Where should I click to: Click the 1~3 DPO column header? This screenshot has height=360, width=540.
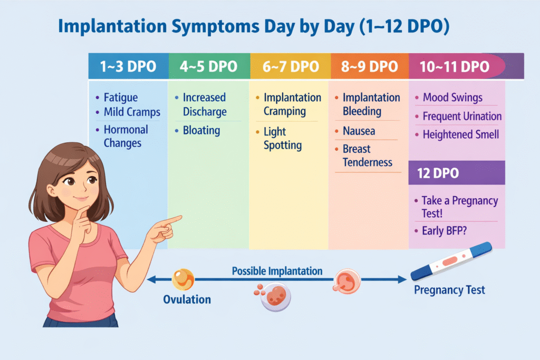pos(128,67)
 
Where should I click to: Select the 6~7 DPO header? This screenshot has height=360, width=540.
pos(290,67)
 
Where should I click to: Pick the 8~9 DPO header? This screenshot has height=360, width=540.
pos(369,67)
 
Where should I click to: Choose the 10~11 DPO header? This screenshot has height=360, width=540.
pos(454,67)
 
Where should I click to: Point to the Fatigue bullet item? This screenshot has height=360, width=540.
pos(120,98)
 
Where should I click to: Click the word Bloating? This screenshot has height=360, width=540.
pos(201,130)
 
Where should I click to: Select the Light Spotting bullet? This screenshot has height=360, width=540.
pos(282,138)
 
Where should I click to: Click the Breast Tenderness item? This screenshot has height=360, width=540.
pos(367,155)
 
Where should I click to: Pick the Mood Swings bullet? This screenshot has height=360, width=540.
pos(452,98)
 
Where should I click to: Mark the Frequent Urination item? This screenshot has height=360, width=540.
pos(462,116)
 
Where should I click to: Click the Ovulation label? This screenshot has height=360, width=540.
pos(187,299)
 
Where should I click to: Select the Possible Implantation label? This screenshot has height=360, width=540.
pos(277,271)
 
